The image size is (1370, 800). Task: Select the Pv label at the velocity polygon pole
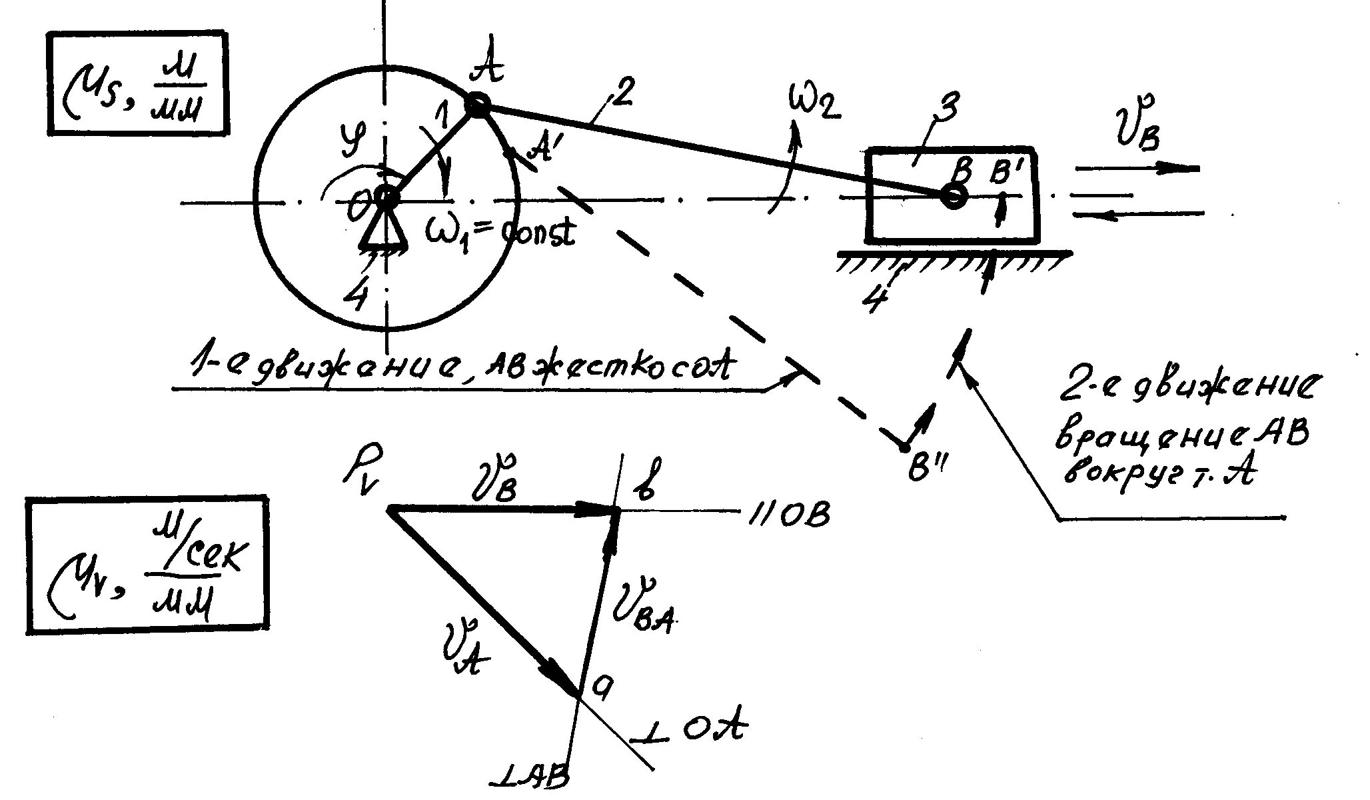coord(360,474)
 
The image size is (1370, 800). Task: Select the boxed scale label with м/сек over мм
coord(147,563)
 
